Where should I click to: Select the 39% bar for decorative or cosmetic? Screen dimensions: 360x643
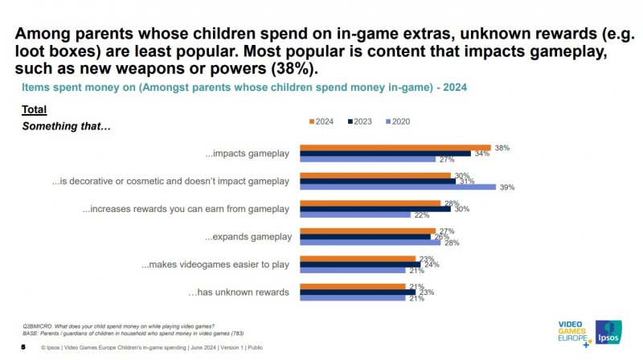click(x=398, y=186)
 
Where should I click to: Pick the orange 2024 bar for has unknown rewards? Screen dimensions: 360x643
click(x=353, y=285)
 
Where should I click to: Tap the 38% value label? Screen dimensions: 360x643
click(x=502, y=148)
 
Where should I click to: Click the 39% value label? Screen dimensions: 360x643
click(x=506, y=187)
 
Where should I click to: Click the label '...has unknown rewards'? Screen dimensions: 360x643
click(x=238, y=292)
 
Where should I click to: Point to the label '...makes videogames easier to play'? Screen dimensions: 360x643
click(x=215, y=264)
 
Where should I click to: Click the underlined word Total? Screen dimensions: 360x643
click(x=34, y=109)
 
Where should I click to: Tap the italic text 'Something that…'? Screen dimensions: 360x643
click(x=54, y=126)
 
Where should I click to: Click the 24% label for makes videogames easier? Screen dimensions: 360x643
click(x=432, y=264)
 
